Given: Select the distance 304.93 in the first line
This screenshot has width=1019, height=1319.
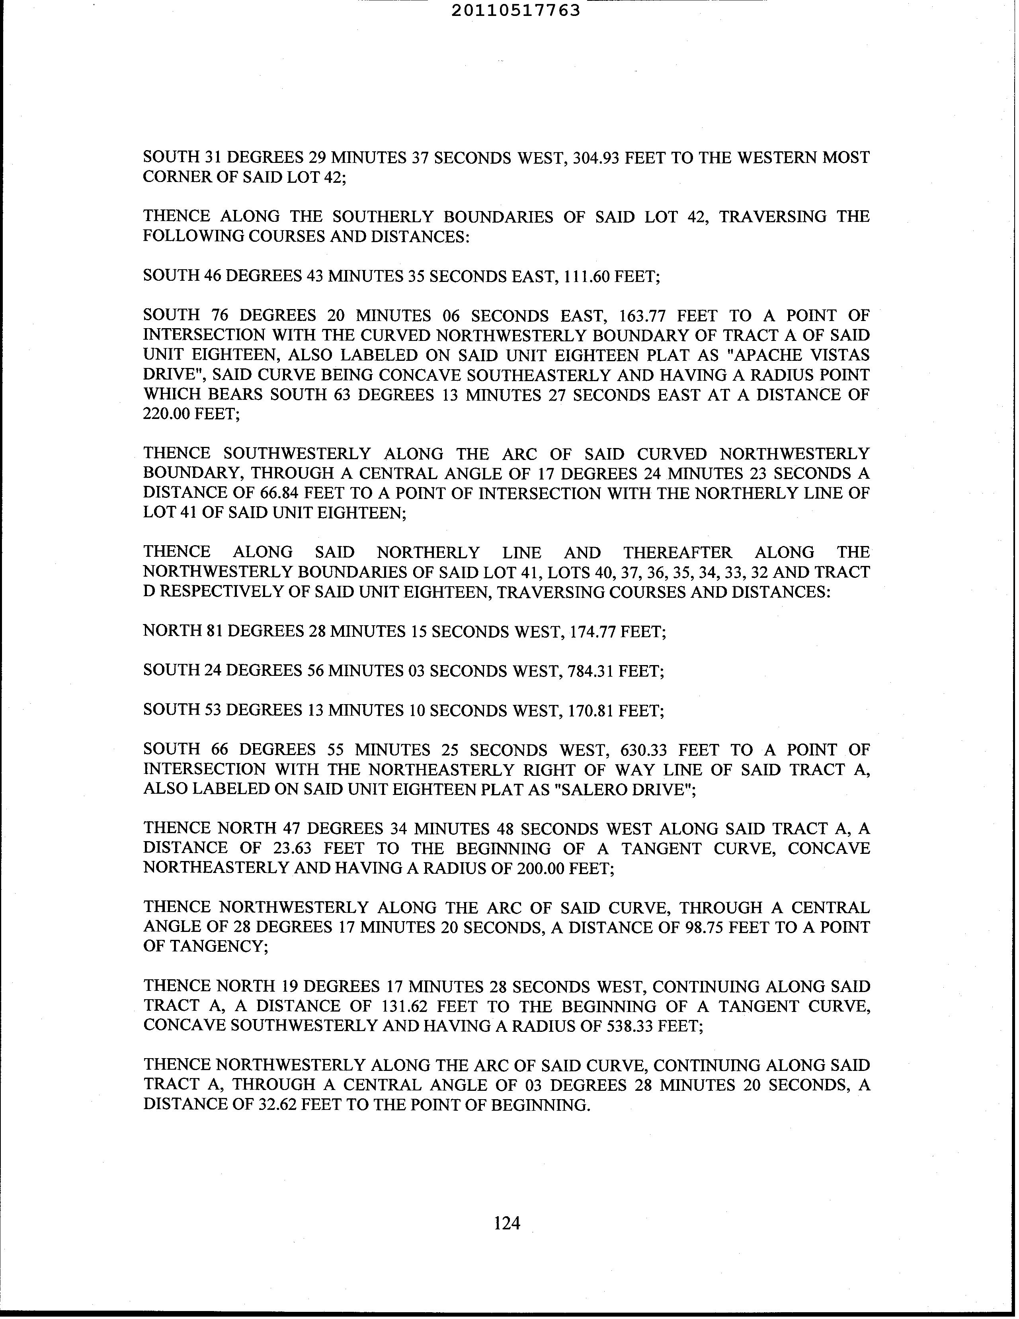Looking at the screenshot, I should (596, 158).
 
